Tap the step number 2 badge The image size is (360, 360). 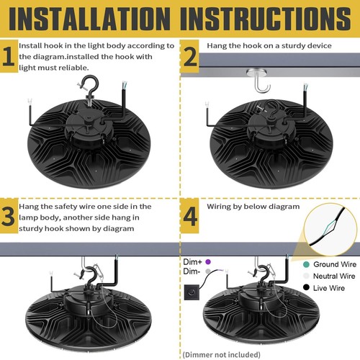coord(189,58)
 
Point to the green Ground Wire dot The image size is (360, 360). coord(298,264)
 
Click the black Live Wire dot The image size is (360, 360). coord(298,288)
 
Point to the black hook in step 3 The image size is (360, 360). coord(93,277)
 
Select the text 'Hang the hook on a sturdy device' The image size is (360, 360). coord(269,45)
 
